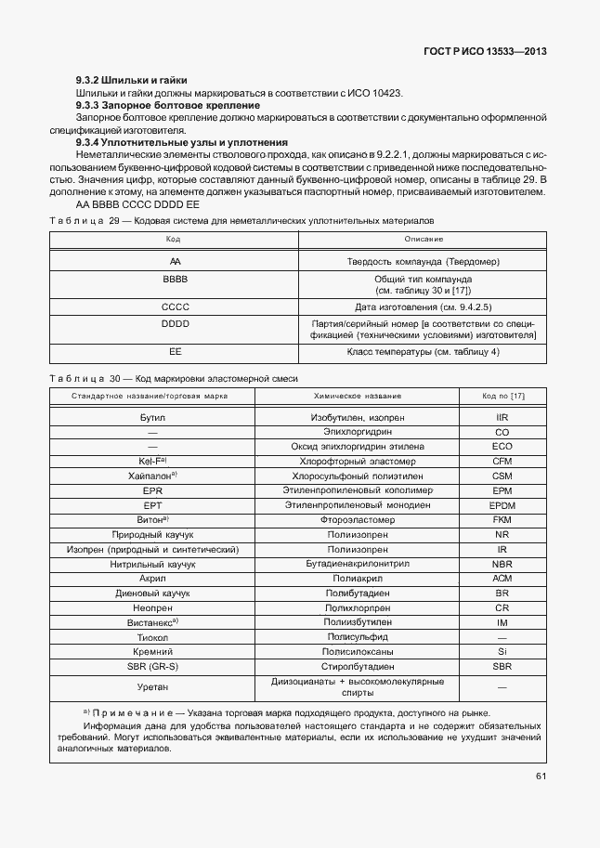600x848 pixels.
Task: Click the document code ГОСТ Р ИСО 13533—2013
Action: pyautogui.click(x=486, y=52)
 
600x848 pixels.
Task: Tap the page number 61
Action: pyautogui.click(x=541, y=776)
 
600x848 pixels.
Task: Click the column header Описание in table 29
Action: pyautogui.click(x=424, y=240)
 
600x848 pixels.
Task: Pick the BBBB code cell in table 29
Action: pyautogui.click(x=174, y=279)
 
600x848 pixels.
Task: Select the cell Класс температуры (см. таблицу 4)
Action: pyautogui.click(x=424, y=352)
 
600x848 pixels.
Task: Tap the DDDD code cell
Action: pyautogui.click(x=174, y=323)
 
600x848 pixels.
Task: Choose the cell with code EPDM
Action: pyautogui.click(x=502, y=504)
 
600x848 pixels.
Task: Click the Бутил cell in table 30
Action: pyautogui.click(x=152, y=418)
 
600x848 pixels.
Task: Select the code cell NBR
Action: pyautogui.click(x=502, y=563)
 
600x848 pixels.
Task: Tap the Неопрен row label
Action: pyautogui.click(x=152, y=607)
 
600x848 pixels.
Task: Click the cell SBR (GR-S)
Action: pyautogui.click(x=152, y=666)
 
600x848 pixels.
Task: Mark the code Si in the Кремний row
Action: pyautogui.click(x=502, y=651)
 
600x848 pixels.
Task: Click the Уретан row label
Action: pyautogui.click(x=152, y=687)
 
